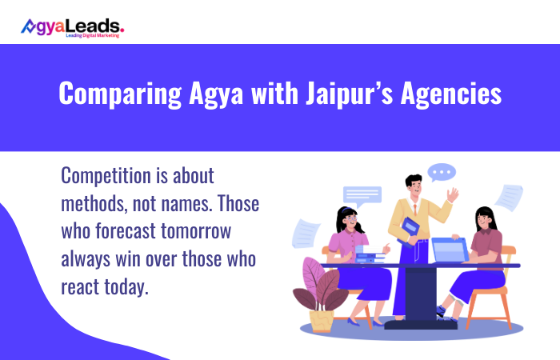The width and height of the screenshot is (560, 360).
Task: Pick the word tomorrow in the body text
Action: [x=210, y=231]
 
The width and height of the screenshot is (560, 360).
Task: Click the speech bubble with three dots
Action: [x=441, y=172]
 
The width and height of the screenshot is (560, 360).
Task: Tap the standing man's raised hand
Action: [x=453, y=194]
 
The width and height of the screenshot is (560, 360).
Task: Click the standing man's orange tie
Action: [x=414, y=210]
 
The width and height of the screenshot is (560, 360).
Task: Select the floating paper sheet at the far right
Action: [x=509, y=197]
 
